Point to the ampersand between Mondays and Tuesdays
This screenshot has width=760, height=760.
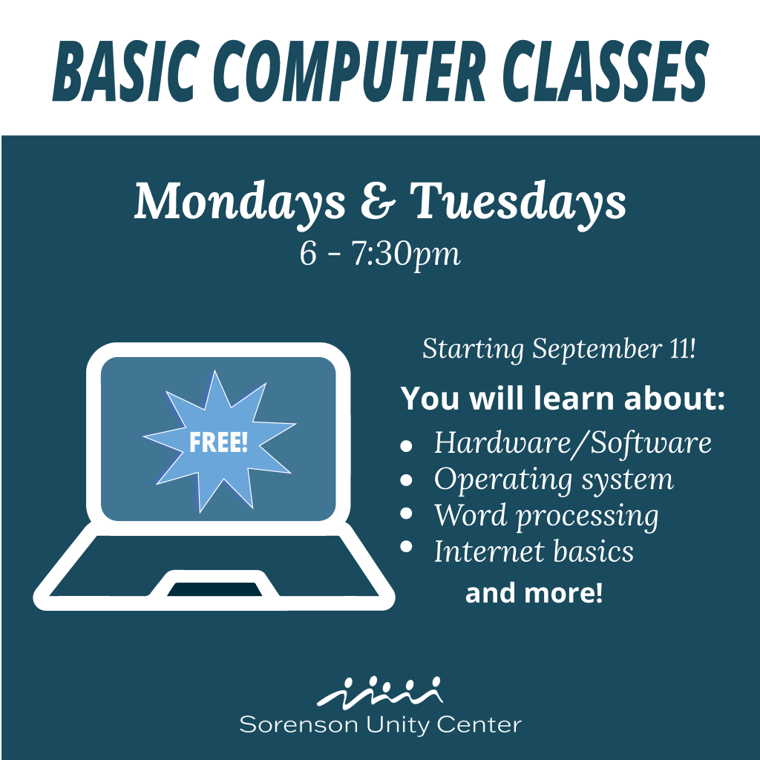coord(378,200)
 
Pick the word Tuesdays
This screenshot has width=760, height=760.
coord(518,203)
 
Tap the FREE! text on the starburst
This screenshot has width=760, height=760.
coord(219,442)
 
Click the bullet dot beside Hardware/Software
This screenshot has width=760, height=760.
coord(406,446)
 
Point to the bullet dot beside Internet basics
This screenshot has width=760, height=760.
coord(406,546)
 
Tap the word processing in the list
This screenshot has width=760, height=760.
coord(588,517)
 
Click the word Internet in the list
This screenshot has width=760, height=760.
coord(489,551)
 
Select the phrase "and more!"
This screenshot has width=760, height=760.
coord(534,593)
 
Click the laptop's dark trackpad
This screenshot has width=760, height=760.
coord(214,589)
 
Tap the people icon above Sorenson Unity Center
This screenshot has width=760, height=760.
coord(379,692)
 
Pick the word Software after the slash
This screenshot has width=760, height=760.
coord(651,443)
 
